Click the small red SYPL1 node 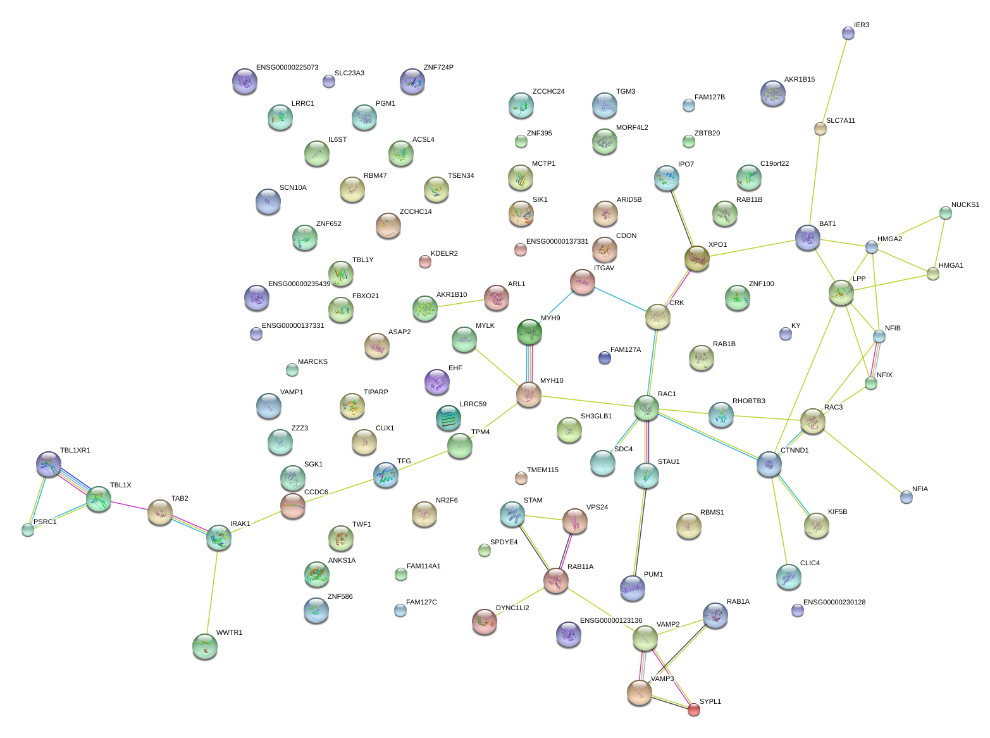tap(693, 709)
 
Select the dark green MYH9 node tap(529, 332)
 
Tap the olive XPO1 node tap(696, 258)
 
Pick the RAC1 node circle tap(646, 408)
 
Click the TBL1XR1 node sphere tap(49, 464)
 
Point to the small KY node tap(785, 334)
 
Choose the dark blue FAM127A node tap(604, 358)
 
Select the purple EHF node tap(437, 382)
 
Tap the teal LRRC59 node tap(448, 418)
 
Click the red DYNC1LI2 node tap(485, 621)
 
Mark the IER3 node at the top tap(848, 33)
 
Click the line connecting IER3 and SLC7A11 tap(834, 81)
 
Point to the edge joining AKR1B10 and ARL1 tap(461, 303)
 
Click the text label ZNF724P tap(438, 68)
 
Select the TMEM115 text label tap(542, 470)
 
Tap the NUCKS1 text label tap(965, 204)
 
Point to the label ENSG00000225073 tap(287, 68)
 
